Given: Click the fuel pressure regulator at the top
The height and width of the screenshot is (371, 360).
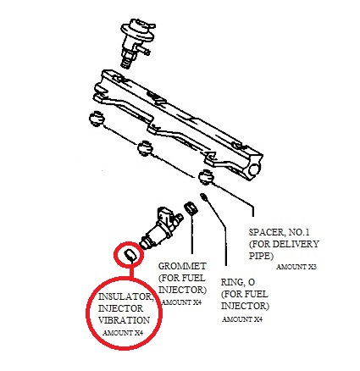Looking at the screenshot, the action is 137,42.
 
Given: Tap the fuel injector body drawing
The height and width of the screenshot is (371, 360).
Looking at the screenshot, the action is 161,228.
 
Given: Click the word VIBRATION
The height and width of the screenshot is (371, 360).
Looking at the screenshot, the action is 124,320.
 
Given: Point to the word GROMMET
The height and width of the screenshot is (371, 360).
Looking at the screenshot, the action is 182,266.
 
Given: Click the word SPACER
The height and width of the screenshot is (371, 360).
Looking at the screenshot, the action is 267,232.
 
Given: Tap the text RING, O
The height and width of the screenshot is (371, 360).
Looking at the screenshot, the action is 238,282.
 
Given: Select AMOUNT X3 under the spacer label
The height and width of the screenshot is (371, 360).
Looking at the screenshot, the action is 296,267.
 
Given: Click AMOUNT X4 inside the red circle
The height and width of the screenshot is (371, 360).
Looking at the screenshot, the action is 123,333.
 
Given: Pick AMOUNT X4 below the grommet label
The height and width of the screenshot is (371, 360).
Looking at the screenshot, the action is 181,302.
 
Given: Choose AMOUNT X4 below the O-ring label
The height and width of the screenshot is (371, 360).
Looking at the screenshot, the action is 242,319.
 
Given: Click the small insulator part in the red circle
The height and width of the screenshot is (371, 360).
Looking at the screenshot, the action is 130,255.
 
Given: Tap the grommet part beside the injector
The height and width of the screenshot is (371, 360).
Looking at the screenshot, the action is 191,208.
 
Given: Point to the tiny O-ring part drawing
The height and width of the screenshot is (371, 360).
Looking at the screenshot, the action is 203,196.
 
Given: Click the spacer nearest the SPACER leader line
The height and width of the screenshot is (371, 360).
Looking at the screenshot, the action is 206,177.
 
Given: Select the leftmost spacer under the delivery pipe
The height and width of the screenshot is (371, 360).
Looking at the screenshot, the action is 97,119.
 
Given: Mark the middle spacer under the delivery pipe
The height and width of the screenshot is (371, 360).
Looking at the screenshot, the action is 145,147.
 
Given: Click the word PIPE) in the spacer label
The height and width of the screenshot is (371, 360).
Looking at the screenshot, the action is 261,256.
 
